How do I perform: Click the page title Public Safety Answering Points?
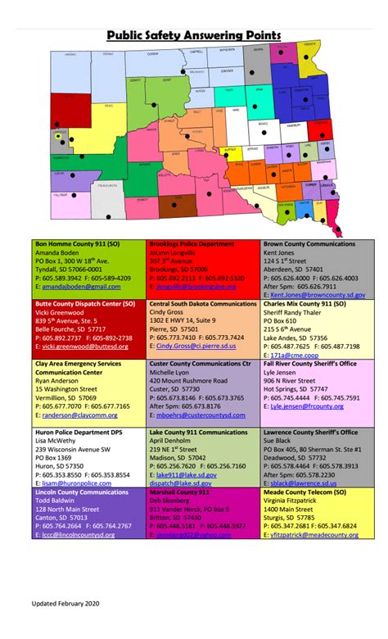[x=194, y=35]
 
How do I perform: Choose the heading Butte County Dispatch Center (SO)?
[x=85, y=304]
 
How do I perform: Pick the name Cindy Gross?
[x=167, y=312]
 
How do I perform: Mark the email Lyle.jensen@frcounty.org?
[x=307, y=406]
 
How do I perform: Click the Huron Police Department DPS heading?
[x=82, y=432]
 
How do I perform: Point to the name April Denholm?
[x=172, y=440]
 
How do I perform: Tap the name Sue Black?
[x=279, y=440]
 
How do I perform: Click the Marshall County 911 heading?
[x=179, y=492]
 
